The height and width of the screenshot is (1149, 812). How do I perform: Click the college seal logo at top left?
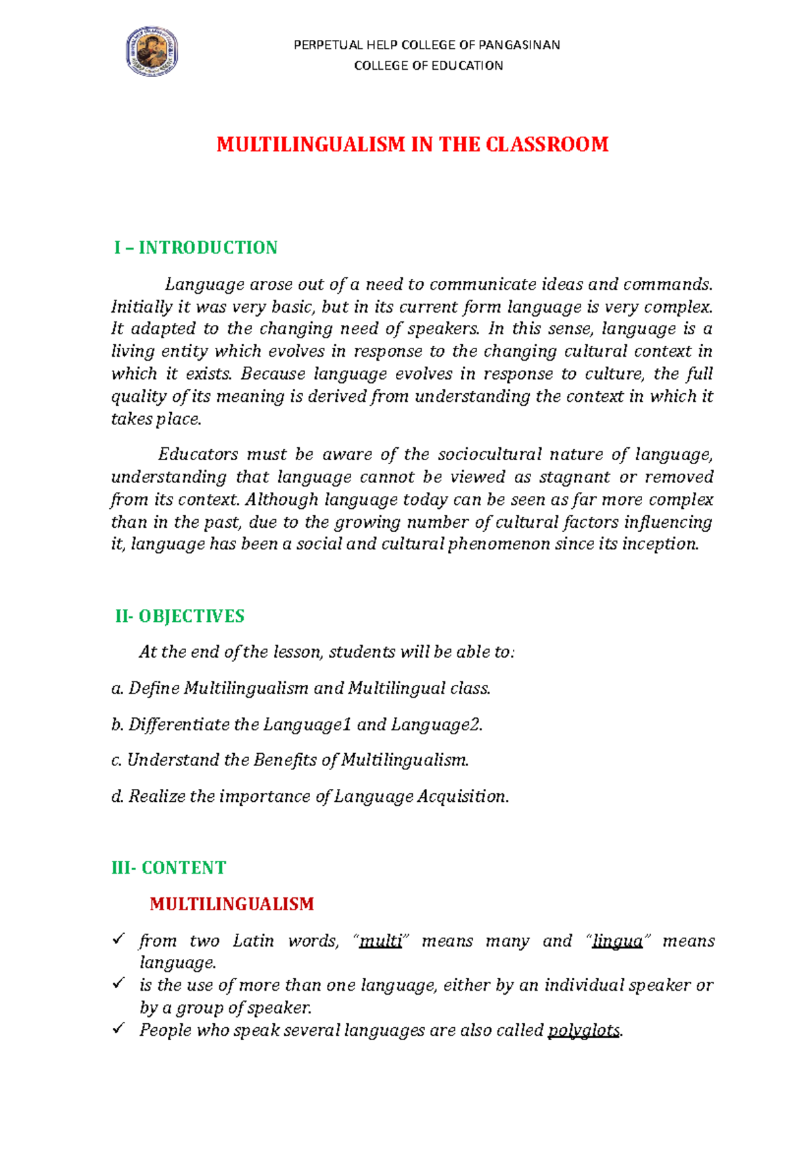(152, 51)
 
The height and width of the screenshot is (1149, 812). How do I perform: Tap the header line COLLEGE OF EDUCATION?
(428, 66)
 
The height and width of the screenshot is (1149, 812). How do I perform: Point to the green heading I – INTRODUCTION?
(196, 248)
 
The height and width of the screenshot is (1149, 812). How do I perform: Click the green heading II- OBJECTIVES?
(179, 616)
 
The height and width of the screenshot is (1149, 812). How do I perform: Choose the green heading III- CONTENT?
(168, 868)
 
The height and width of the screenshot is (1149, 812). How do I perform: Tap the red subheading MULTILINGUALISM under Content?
(231, 905)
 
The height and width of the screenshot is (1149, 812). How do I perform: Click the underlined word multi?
(380, 941)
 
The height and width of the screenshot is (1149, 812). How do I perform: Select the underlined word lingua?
(616, 941)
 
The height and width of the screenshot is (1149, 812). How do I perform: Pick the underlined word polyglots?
(583, 1031)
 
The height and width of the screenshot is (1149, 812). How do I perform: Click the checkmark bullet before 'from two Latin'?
(119, 939)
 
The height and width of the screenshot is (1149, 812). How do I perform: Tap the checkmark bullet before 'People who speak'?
(119, 1029)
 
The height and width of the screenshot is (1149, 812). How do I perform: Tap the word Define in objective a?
(154, 689)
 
